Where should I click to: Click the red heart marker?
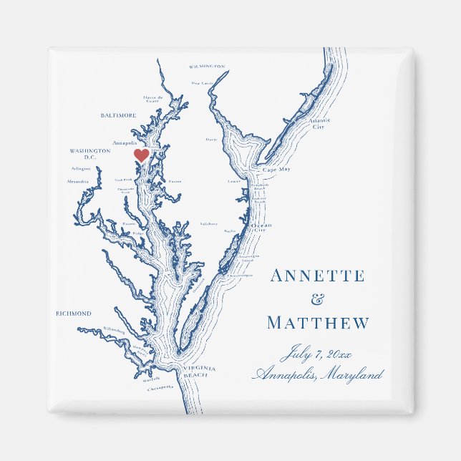coord(142,155)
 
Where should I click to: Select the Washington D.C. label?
coord(90,154)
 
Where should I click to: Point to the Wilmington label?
coord(207,66)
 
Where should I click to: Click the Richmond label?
coord(74,314)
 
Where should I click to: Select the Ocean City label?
coord(261,228)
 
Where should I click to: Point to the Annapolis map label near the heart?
coord(125,142)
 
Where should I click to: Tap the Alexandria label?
coord(78,182)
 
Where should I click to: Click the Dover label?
coord(211,140)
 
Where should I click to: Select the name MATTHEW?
coord(318,324)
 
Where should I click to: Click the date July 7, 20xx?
coord(318,352)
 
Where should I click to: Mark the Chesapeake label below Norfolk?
coord(162,387)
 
